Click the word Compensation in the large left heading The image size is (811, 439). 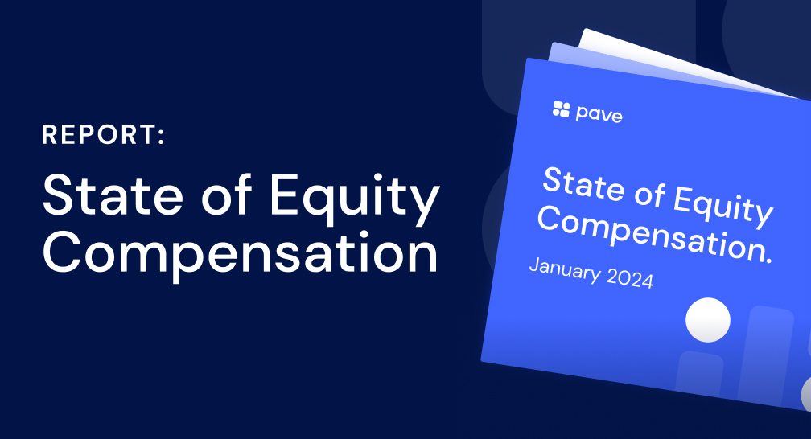(240, 254)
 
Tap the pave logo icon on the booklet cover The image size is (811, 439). (561, 109)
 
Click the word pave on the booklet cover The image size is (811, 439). (599, 114)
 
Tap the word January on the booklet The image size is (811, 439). (564, 269)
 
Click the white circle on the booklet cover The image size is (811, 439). (707, 319)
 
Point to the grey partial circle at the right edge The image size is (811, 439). (805, 393)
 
